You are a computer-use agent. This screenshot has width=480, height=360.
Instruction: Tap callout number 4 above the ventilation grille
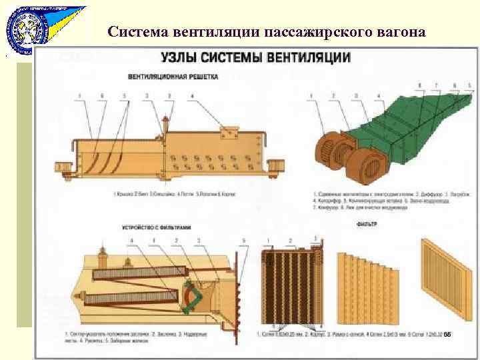[192, 97]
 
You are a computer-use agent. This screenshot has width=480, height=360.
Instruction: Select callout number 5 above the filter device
[243, 240]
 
